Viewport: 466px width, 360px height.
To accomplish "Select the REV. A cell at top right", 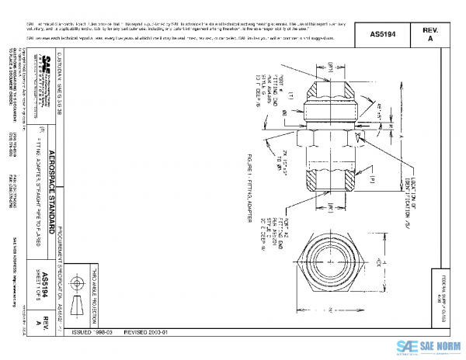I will [x=430, y=34].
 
